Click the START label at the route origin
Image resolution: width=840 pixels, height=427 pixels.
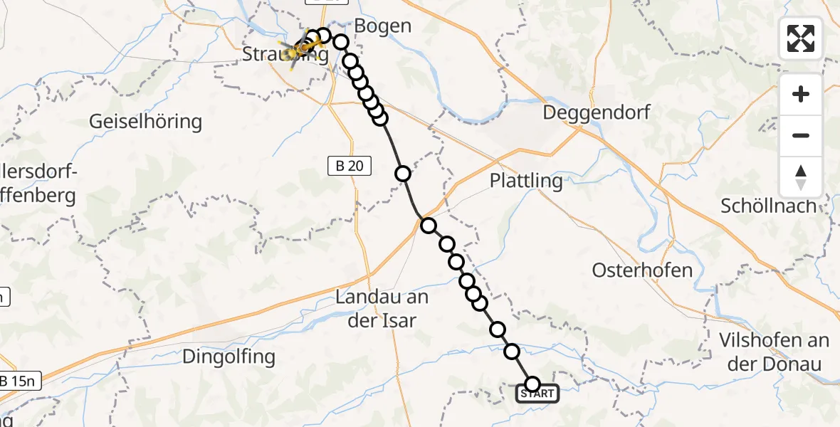coord(537,394)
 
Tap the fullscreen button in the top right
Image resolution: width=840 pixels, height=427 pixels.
coord(801,38)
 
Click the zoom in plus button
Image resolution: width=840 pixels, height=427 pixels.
coord(801,94)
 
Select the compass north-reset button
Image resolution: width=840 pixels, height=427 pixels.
coord(801,176)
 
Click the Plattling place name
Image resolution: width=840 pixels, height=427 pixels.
coord(526,181)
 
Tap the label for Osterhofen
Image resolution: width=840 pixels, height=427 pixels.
coord(642,270)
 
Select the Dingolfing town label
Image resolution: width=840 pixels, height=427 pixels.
coord(228,356)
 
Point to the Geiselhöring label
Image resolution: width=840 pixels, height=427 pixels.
coord(145,122)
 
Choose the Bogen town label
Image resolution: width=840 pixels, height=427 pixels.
coord(383,27)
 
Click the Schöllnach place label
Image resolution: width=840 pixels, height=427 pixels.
coord(768,206)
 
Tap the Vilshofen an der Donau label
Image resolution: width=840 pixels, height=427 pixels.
coord(775,352)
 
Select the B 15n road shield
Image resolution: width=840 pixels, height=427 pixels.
coord(19,381)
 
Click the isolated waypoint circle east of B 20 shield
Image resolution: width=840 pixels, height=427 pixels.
coord(403,173)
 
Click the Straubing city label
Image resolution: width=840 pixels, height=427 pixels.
coord(285,56)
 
